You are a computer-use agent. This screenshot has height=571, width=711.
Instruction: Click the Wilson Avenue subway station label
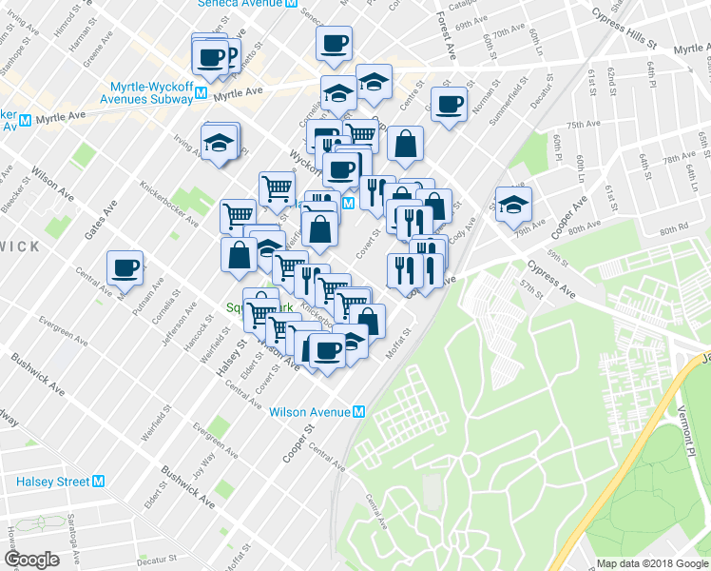pos(310,412)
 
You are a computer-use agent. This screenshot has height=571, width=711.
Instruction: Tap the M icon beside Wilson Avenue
pos(359,412)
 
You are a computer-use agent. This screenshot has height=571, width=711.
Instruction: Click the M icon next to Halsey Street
pos(98,482)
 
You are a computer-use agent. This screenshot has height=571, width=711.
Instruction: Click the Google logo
pos(31,560)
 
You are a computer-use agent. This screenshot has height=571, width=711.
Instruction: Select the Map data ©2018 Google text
pos(651,563)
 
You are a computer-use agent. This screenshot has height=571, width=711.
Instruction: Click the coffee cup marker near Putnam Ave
pos(125,268)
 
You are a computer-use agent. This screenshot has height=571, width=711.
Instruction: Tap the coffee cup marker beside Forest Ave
pos(449,104)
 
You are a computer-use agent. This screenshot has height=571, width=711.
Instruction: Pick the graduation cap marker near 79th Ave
pos(513,205)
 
